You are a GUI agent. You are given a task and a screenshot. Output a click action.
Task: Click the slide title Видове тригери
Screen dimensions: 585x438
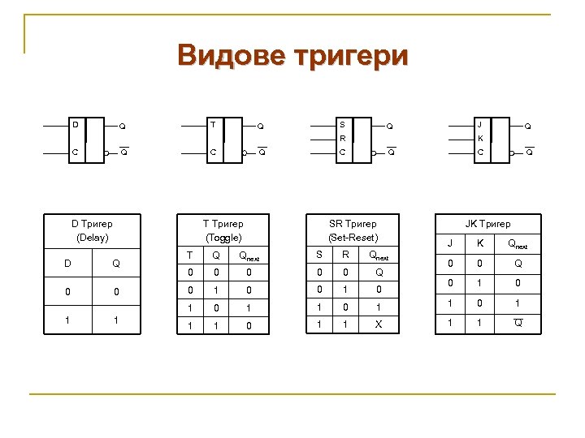tap(293, 56)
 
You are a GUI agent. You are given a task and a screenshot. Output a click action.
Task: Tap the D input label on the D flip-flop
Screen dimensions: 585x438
tap(75, 125)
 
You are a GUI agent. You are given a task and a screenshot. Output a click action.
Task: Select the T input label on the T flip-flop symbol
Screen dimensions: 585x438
tap(213, 125)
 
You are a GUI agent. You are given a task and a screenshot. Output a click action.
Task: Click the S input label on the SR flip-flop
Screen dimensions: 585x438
tap(342, 125)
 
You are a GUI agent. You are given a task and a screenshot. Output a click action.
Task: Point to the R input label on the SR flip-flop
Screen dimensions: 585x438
tap(342, 139)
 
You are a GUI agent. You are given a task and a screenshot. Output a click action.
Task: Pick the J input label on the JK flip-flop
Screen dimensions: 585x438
tap(480, 125)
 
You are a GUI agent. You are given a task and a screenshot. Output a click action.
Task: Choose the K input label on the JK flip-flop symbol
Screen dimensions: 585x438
tap(480, 139)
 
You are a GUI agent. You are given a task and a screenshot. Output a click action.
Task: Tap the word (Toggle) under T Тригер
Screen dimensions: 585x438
tap(223, 238)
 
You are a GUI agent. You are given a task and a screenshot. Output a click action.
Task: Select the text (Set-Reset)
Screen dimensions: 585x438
tap(353, 238)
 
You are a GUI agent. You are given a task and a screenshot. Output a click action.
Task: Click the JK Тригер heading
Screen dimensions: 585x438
tap(487, 223)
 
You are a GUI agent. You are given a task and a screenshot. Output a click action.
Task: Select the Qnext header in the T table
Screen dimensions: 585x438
tap(249, 255)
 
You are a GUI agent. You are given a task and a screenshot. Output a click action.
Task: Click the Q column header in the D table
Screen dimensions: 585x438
tap(116, 263)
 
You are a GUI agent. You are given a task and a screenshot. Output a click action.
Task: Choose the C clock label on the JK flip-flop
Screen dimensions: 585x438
tap(480, 152)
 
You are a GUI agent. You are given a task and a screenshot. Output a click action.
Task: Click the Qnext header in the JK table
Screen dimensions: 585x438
tap(517, 243)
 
